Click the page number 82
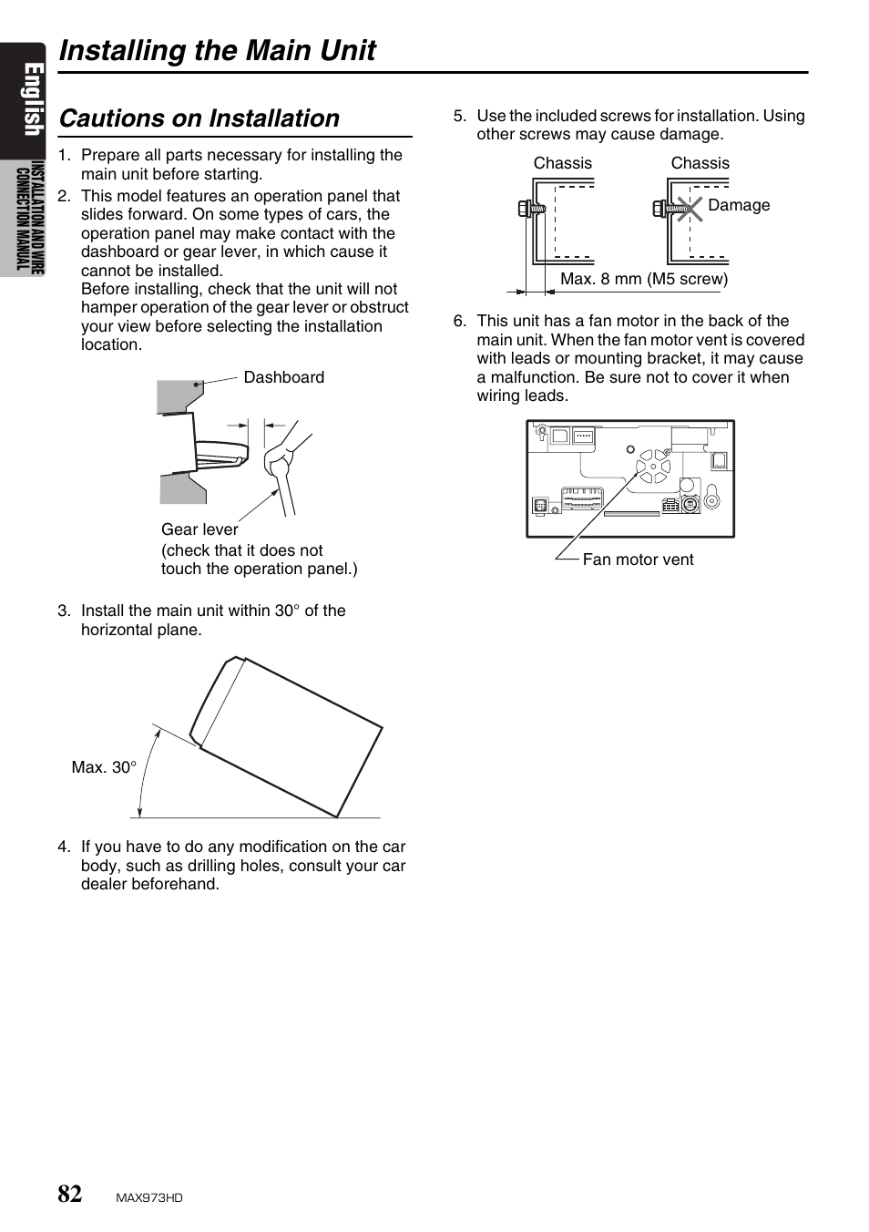70,1194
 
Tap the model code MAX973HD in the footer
149,1198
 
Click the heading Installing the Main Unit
217,50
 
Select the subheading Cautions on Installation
199,118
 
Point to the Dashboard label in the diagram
283,377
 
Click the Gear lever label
199,529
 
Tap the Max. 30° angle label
104,767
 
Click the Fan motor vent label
638,560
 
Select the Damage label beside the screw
739,205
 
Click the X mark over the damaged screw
690,208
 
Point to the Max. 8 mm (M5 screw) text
644,279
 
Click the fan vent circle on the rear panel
652,467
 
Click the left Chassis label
562,163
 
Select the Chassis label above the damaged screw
700,163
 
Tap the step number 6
459,321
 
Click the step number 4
64,847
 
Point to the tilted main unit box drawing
287,736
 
